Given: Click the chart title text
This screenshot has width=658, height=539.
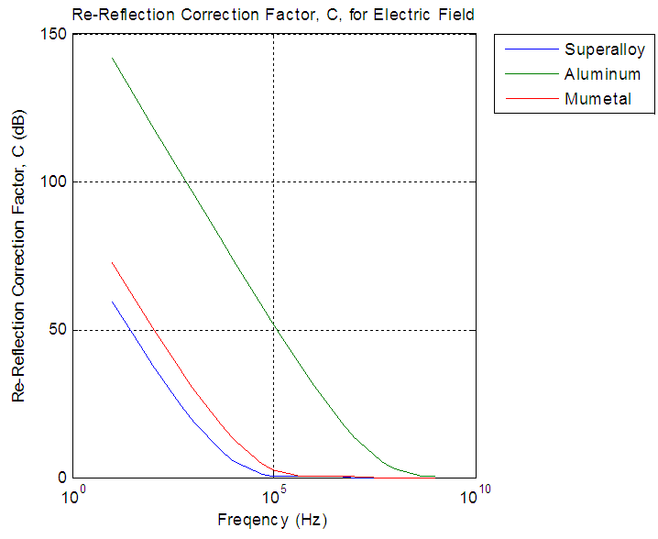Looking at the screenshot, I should click(272, 15).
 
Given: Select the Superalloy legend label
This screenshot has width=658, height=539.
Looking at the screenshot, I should click(605, 49).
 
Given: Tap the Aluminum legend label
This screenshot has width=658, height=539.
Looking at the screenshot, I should click(602, 73).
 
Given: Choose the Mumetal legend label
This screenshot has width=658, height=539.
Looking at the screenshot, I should click(598, 98).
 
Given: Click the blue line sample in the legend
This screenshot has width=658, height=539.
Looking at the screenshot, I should click(529, 49).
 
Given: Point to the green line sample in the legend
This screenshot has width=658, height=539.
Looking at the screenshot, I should click(529, 73).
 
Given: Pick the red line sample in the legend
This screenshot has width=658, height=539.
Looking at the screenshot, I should click(529, 98).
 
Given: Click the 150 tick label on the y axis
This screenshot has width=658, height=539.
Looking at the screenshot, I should click(54, 34).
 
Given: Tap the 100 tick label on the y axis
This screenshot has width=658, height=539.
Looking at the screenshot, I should click(54, 181).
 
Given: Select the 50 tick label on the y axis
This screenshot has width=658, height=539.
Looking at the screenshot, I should click(58, 330).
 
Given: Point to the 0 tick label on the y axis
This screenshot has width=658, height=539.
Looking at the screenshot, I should click(61, 478).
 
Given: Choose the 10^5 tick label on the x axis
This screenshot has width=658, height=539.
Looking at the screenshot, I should click(274, 498).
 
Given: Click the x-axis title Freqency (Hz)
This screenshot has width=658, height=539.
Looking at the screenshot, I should click(272, 521).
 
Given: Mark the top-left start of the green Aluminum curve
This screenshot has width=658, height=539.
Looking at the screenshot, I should click(113, 59).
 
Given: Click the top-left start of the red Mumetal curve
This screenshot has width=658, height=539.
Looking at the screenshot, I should click(113, 263).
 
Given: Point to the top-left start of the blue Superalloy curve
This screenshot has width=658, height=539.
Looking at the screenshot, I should click(113, 302).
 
